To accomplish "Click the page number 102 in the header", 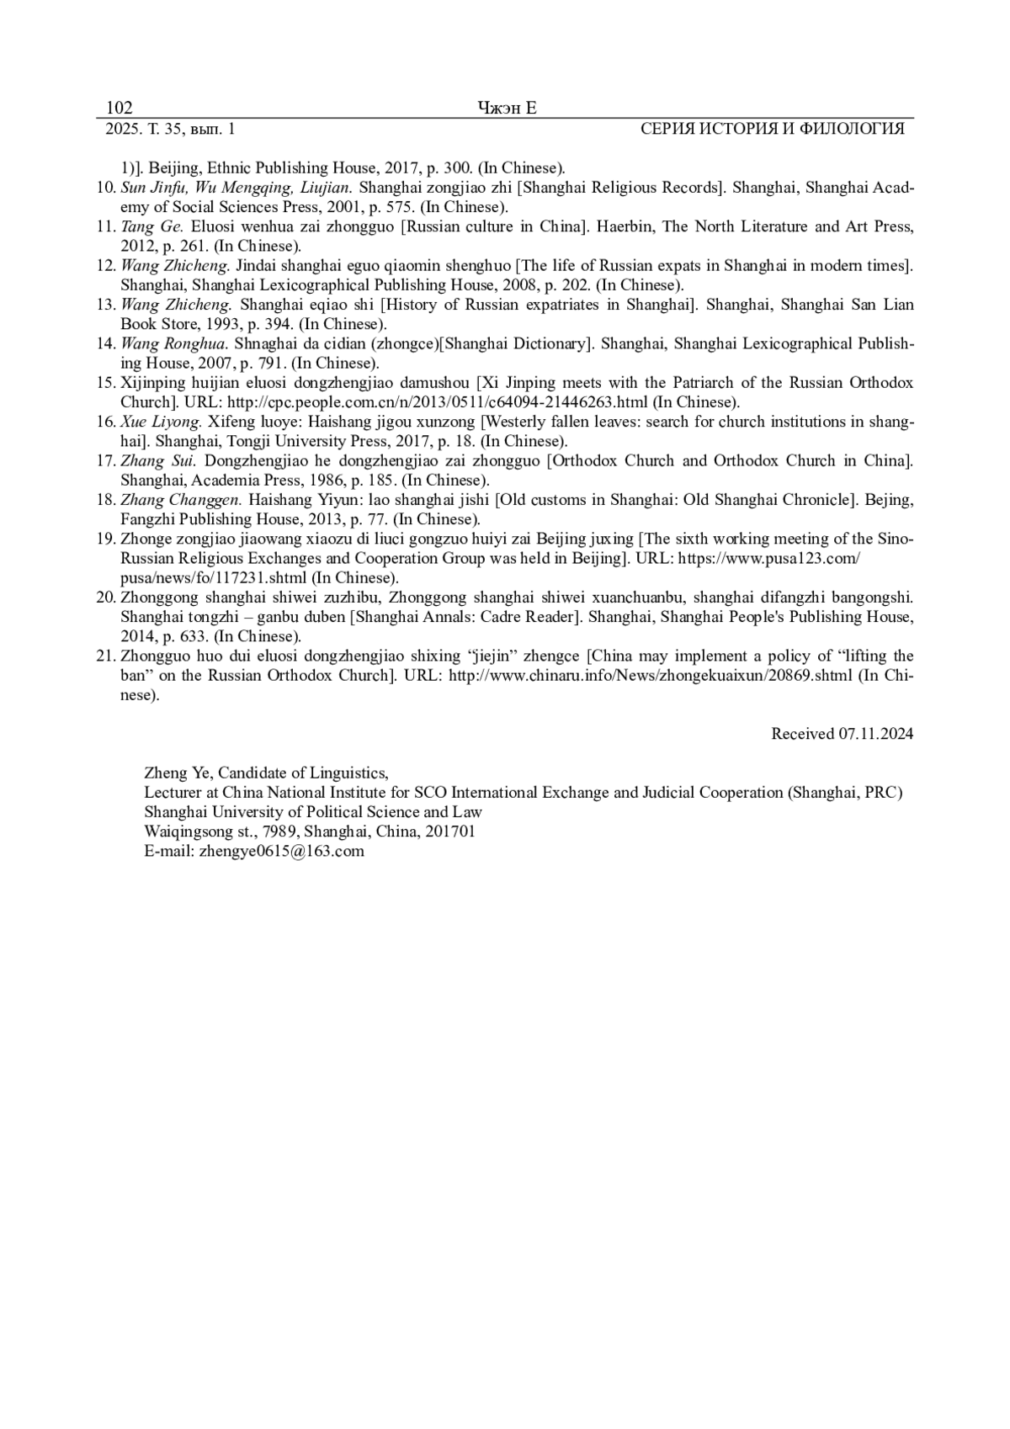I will click(119, 108).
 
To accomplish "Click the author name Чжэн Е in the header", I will click(507, 108).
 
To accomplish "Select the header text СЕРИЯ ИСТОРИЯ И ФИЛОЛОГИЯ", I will click(772, 129).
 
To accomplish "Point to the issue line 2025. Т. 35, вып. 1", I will click(170, 129).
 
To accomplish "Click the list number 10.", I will click(105, 188).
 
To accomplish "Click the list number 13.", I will click(105, 305).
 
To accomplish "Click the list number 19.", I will click(105, 539).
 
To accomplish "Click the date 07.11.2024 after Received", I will click(875, 734).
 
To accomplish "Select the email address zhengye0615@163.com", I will click(282, 851).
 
